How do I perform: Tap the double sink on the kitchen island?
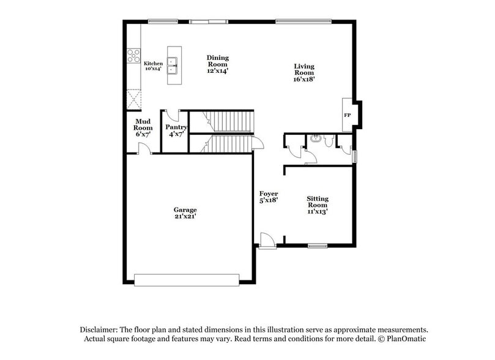(x=174, y=61)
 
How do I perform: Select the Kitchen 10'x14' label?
(x=153, y=66)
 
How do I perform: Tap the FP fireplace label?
(x=347, y=115)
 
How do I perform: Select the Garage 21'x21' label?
(x=184, y=213)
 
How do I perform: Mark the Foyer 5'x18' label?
(x=269, y=197)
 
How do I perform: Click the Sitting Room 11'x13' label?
(x=318, y=205)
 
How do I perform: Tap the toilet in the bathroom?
(x=329, y=141)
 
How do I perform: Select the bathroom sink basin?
(x=314, y=138)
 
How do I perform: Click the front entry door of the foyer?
(x=267, y=240)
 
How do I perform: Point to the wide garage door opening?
(x=186, y=280)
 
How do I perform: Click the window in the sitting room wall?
(x=317, y=246)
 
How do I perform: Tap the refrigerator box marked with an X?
(x=133, y=99)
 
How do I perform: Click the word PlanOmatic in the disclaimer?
(x=403, y=339)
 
